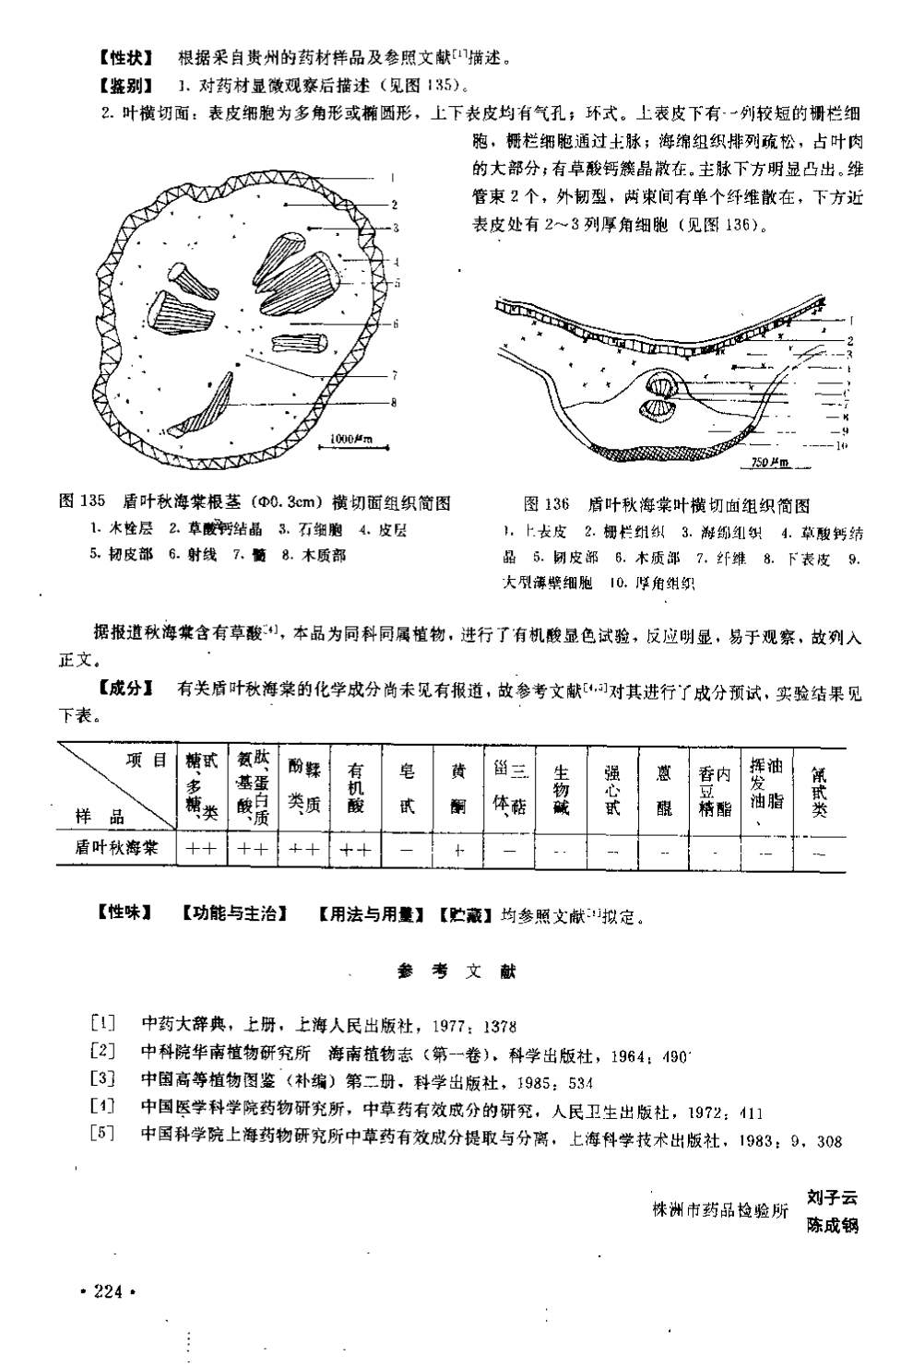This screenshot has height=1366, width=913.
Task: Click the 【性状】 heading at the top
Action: click(x=125, y=58)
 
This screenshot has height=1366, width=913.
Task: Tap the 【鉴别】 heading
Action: click(x=125, y=87)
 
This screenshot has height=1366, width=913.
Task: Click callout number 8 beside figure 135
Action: click(x=394, y=402)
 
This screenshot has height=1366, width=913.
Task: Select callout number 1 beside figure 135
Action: click(x=393, y=178)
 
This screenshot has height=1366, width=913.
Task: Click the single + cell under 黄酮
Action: click(x=458, y=850)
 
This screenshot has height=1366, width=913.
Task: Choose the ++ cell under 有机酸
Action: click(x=355, y=850)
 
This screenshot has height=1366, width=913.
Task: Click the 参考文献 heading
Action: click(x=457, y=971)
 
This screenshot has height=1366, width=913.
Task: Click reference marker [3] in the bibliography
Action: click(x=102, y=1080)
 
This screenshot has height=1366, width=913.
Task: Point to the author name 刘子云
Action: click(x=831, y=1198)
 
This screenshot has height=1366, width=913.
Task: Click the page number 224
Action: click(x=108, y=1292)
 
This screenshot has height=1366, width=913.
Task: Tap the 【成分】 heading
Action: click(x=125, y=689)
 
